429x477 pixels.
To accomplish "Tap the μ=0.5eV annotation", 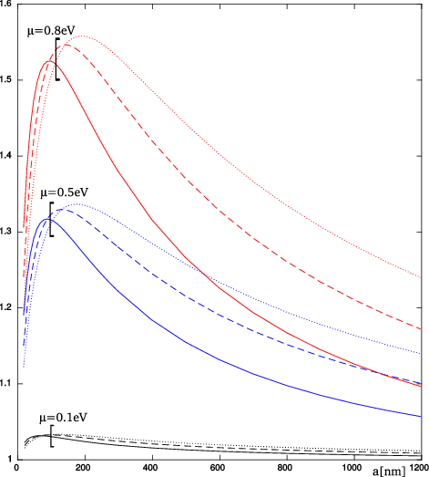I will [x=63, y=194].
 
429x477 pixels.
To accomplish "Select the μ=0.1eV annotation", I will [x=62, y=418].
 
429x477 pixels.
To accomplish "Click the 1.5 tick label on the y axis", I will [x=8, y=81].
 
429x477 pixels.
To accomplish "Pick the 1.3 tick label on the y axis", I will [x=8, y=233].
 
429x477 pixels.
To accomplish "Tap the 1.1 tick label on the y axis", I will [x=8, y=383].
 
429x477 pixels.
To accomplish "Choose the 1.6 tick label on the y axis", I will [x=8, y=5].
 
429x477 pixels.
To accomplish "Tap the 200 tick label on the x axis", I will [x=84, y=469].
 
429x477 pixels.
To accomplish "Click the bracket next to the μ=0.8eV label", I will [x=56, y=60].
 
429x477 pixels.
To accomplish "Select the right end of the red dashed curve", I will [x=421, y=328].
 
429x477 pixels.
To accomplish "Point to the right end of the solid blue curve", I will [x=421, y=417].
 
